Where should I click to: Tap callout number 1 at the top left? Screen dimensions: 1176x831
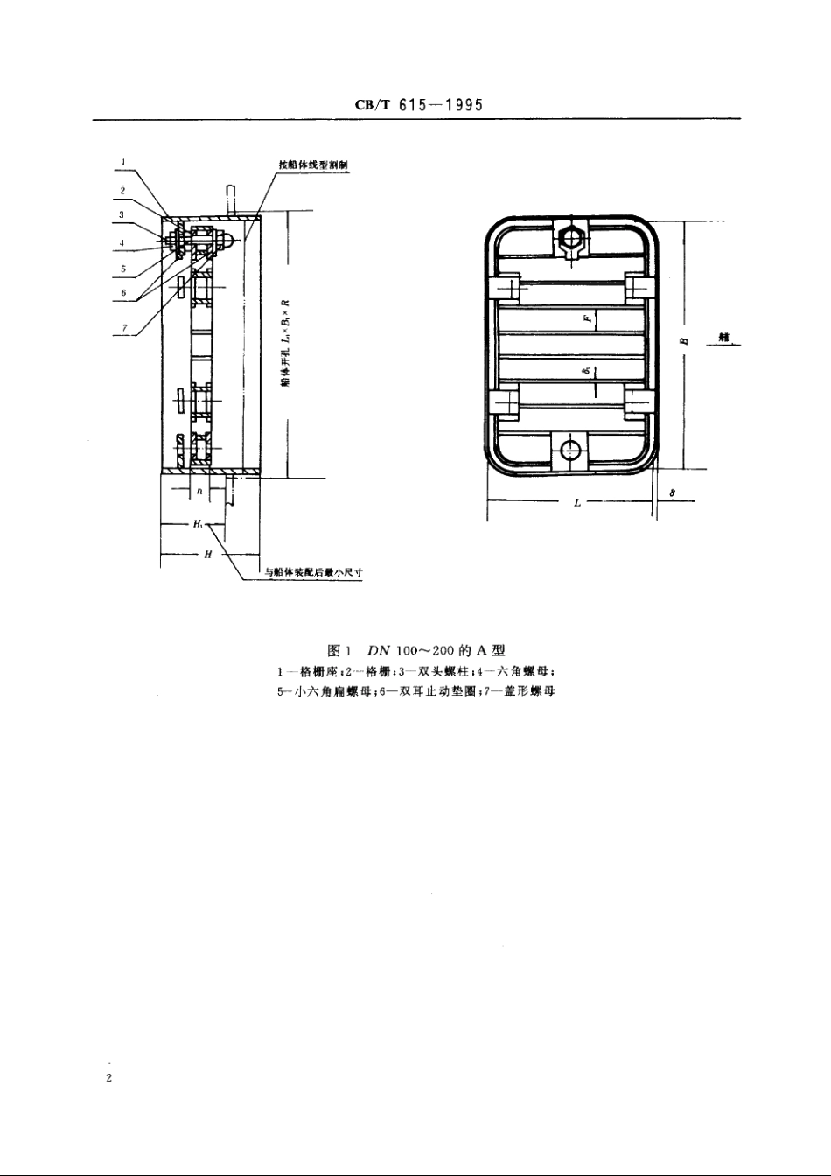click(x=124, y=162)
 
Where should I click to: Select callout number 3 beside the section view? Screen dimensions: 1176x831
click(x=122, y=214)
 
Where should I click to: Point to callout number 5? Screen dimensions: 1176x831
click(x=123, y=269)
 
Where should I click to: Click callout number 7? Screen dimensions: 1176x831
click(x=123, y=328)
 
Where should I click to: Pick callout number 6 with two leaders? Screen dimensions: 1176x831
click(x=123, y=293)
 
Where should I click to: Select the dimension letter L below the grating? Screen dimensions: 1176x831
click(x=578, y=503)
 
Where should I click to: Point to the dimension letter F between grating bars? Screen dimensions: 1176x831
click(x=587, y=319)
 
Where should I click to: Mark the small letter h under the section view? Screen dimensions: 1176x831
click(x=199, y=492)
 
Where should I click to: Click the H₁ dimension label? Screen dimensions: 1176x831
click(x=199, y=525)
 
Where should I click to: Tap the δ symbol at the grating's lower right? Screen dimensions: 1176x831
click(x=673, y=493)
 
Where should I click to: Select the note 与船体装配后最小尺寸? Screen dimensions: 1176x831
click(x=314, y=575)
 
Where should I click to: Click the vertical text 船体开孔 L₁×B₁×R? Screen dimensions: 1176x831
click(x=285, y=346)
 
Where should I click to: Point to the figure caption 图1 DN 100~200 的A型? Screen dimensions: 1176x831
click(x=416, y=650)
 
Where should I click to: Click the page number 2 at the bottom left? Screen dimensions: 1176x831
click(x=109, y=1078)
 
